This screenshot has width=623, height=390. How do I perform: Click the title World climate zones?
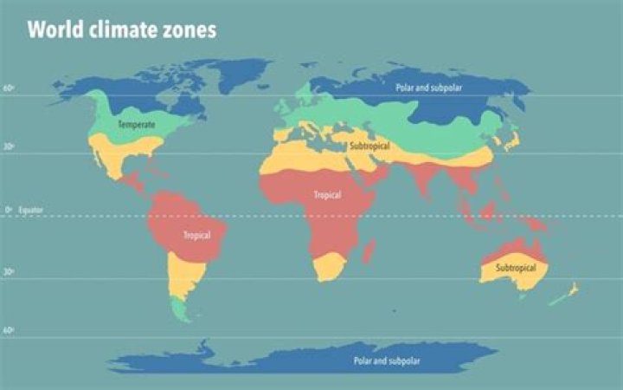(x=121, y=30)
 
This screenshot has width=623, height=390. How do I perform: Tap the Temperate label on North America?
(x=137, y=125)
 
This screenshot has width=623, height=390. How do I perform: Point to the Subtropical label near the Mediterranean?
(x=369, y=146)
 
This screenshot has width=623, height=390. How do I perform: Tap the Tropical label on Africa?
(x=327, y=195)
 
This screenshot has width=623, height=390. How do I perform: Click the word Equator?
(x=29, y=210)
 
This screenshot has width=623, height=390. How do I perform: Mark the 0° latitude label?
(x=8, y=210)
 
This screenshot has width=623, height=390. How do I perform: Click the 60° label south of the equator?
(x=8, y=331)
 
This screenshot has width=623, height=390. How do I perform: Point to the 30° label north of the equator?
(x=8, y=147)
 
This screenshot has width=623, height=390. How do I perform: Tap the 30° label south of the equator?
(x=8, y=272)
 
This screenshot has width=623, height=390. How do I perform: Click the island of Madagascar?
(x=370, y=252)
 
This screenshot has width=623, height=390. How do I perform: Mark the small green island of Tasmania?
(x=521, y=297)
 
